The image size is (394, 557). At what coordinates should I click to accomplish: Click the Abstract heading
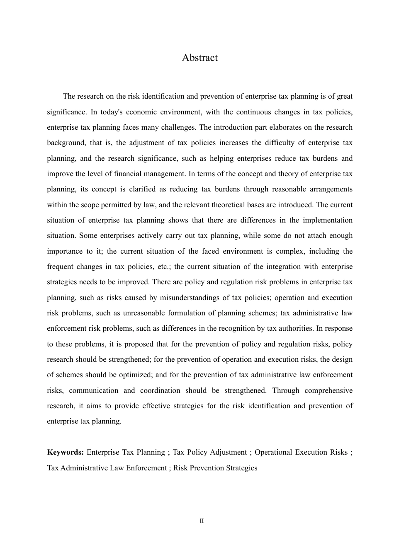pyautogui.click(x=199, y=58)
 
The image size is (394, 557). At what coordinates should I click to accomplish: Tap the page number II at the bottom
pyautogui.click(x=202, y=521)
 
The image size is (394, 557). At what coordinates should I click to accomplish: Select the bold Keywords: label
pyautogui.click(x=66, y=452)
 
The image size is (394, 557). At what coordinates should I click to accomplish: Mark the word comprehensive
pyautogui.click(x=328, y=390)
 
